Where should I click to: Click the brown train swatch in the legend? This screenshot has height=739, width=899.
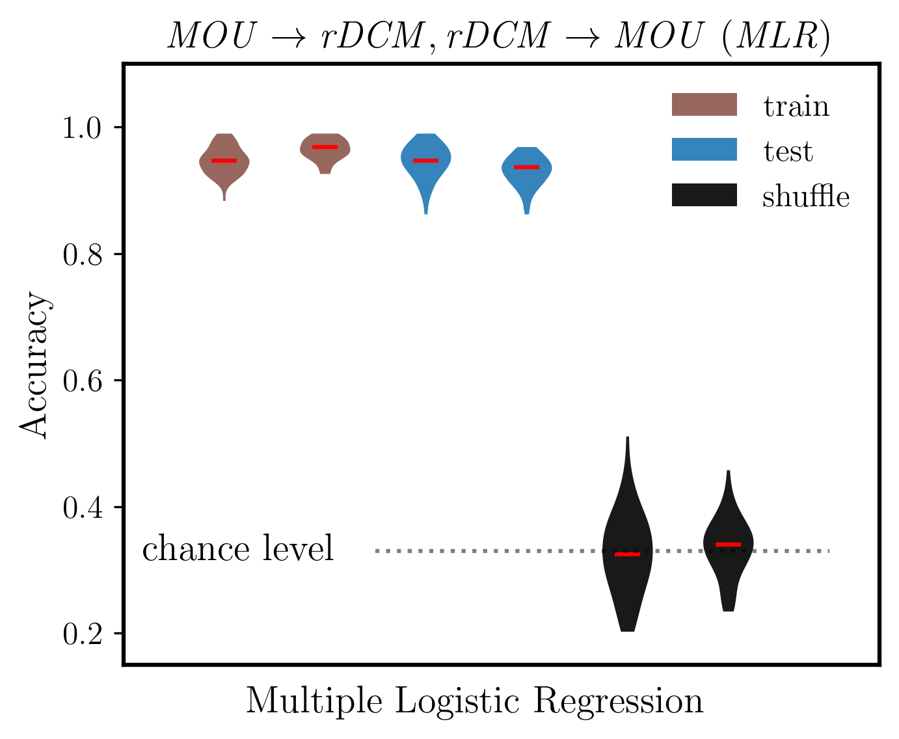click(704, 105)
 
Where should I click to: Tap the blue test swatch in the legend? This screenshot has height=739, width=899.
click(704, 150)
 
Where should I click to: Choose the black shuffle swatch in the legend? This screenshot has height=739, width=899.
click(704, 195)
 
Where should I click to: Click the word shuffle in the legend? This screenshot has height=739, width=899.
click(805, 196)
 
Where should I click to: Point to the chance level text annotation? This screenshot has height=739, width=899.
click(238, 548)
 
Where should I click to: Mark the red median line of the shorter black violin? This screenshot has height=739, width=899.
click(728, 544)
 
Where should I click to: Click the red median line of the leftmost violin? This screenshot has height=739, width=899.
click(224, 160)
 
